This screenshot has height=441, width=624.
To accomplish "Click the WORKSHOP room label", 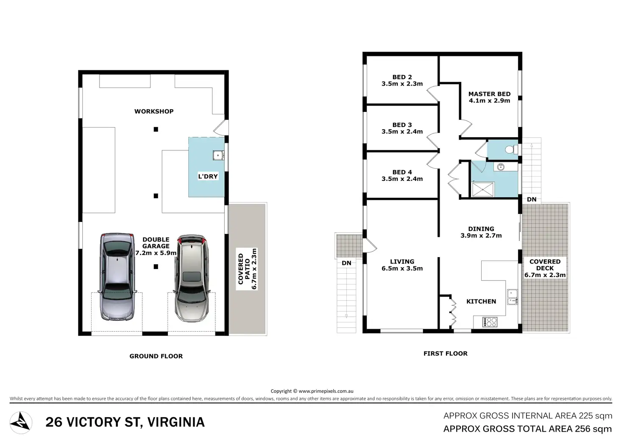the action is [x=154, y=111].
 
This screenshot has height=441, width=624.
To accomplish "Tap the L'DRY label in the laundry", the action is [x=208, y=176].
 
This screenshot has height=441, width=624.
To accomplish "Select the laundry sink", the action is [x=218, y=155].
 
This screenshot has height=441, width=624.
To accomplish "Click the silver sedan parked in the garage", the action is [x=117, y=277].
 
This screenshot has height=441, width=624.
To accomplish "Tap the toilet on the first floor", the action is [x=511, y=150].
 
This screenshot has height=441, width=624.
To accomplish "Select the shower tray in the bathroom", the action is [x=483, y=189].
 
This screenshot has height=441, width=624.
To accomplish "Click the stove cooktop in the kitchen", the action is [x=490, y=322].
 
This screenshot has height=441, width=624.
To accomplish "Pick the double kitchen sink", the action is [x=512, y=297].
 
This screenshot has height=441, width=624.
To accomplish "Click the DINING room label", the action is [x=481, y=229].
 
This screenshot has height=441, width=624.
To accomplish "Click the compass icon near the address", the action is [x=20, y=423].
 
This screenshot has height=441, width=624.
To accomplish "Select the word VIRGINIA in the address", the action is [x=176, y=422].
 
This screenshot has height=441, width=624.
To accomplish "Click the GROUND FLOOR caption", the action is [x=156, y=356].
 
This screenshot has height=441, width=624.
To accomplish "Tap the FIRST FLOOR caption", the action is [x=446, y=353].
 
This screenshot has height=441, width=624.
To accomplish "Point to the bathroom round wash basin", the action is [x=501, y=167].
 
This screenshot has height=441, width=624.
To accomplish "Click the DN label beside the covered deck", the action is [x=532, y=200].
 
